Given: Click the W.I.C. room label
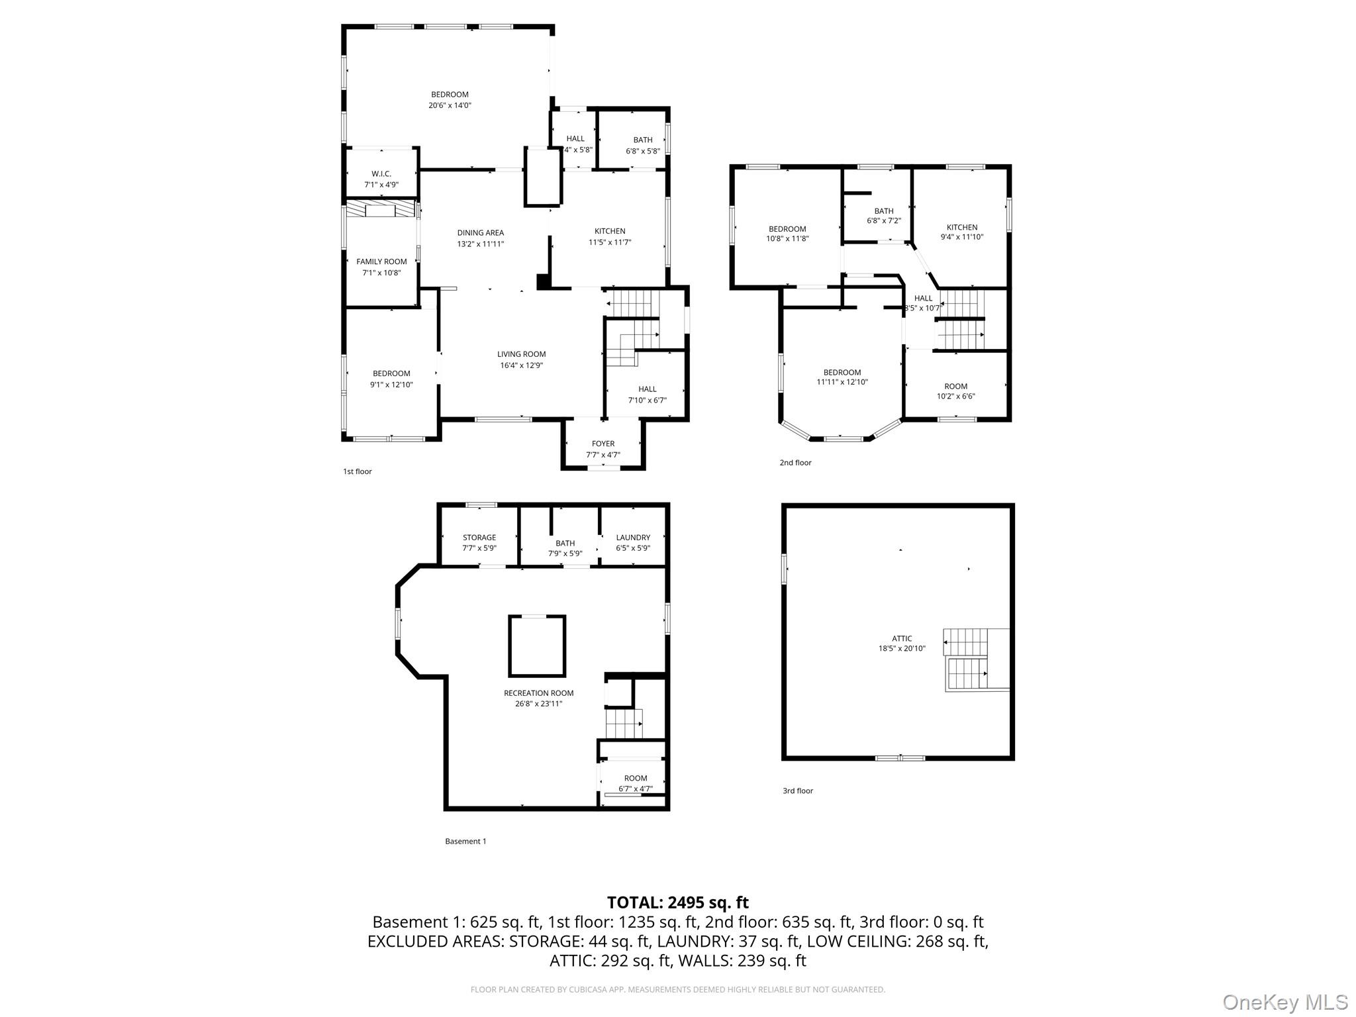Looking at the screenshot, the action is click(381, 173).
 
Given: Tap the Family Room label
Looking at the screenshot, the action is click(381, 262).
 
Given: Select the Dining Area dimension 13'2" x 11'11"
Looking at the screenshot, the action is click(481, 244).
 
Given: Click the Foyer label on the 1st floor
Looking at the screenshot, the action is click(603, 444).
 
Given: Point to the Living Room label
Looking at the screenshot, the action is click(522, 354).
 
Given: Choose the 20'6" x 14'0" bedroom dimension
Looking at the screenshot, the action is click(450, 105).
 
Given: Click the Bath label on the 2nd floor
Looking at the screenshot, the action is click(884, 211).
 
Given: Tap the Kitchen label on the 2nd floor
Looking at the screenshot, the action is click(962, 227).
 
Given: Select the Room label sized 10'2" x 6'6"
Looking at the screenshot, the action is click(956, 386).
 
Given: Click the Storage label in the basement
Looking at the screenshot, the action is click(479, 538).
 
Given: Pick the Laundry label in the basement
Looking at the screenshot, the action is click(633, 538).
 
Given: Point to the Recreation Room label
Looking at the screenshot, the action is click(539, 693).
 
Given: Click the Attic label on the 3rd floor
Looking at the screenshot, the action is click(902, 639).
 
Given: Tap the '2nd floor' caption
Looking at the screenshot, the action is click(795, 463).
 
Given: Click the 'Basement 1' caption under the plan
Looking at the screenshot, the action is click(465, 842).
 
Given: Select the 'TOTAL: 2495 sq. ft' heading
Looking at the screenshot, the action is click(678, 902).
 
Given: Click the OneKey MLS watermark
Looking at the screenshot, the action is click(1285, 1002).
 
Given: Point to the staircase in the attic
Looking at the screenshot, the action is click(977, 660).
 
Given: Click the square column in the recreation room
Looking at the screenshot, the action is click(537, 646).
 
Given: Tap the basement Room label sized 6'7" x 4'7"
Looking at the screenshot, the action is click(636, 778).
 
